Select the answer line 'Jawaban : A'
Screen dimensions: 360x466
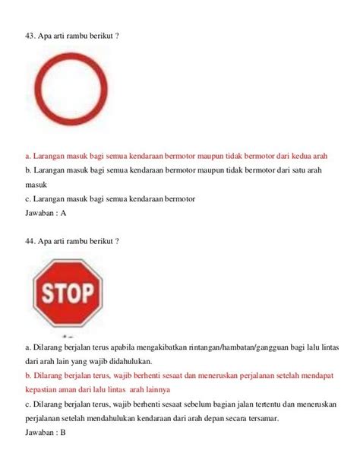[x=46, y=214]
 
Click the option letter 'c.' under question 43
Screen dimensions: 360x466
[x=28, y=199]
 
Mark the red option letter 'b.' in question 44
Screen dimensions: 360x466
[x=28, y=375]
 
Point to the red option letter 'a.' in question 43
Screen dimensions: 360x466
[x=28, y=156]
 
